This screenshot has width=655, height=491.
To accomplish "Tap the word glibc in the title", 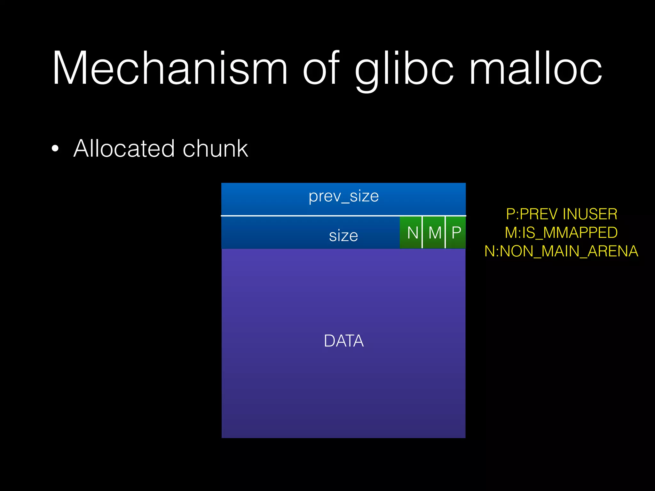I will (404, 69).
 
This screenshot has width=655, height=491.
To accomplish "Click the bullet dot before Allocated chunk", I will (55, 149).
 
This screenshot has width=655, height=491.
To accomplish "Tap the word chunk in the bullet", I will (215, 148).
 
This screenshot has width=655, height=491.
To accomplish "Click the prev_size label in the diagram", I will (343, 196).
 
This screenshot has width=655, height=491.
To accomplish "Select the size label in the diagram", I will (343, 236).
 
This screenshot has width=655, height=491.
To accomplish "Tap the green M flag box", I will (434, 232).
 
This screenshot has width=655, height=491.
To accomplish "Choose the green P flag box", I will (456, 232).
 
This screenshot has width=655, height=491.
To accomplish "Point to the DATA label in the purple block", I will (343, 341).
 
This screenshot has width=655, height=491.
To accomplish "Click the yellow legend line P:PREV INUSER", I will (561, 214).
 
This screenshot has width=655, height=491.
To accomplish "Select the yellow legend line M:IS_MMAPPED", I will (561, 233).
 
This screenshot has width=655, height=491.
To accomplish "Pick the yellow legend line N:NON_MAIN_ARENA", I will (561, 251).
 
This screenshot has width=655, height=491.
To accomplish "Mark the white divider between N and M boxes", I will (422, 232).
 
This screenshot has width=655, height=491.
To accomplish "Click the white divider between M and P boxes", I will (445, 232).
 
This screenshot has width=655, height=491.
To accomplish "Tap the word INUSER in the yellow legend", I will (590, 214).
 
